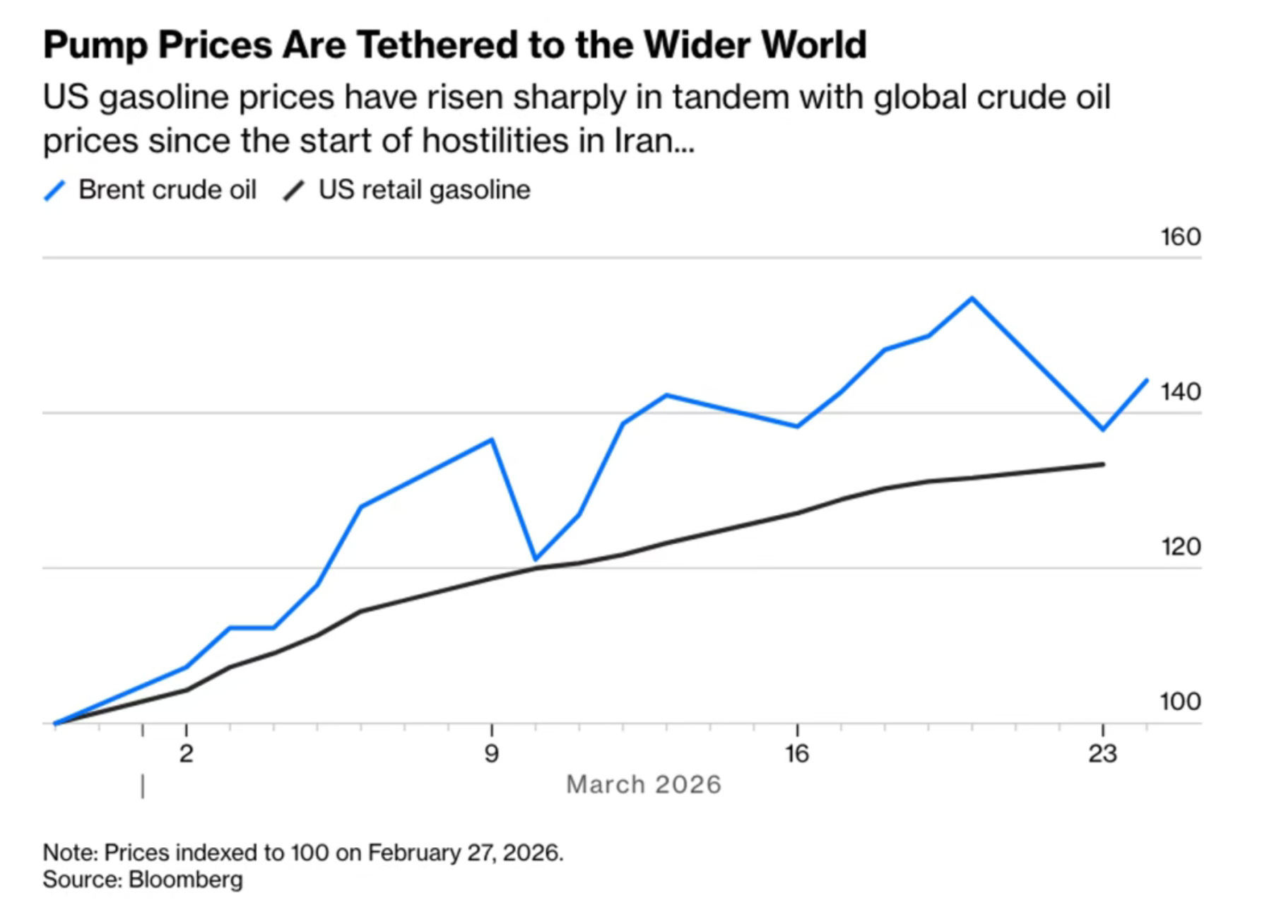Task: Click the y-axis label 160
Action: pos(1180,237)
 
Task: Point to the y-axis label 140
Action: pos(1180,391)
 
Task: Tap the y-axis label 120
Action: pos(1180,546)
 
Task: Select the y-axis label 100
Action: pos(1180,701)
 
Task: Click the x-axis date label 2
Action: pos(186,754)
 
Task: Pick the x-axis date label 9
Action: pos(491,754)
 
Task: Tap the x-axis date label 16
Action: pos(796,754)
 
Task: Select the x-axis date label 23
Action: pos(1102,754)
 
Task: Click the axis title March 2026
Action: pos(643,784)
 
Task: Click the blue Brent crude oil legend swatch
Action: pos(55,191)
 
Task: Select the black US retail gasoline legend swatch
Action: pos(294,191)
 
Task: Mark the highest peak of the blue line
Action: pos(972,298)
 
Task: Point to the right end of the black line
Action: pos(1103,464)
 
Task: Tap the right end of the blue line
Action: pos(1146,381)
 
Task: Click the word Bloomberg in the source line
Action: pos(185,880)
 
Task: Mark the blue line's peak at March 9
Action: pos(492,439)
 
